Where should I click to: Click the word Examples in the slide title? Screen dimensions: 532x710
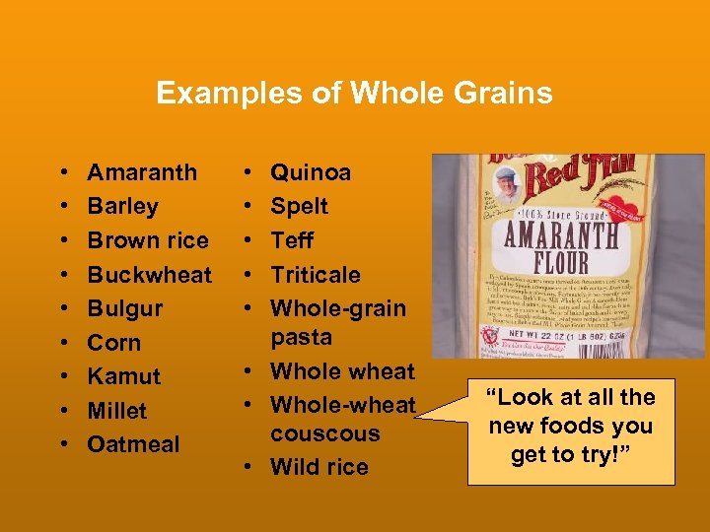[210, 94]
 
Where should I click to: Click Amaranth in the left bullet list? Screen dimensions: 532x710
[142, 172]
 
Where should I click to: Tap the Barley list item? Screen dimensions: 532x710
[122, 206]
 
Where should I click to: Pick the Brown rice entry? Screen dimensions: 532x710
[148, 240]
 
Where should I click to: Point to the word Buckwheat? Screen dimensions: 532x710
[149, 275]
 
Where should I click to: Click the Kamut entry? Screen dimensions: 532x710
[123, 376]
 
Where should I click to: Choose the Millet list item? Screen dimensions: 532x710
[116, 411]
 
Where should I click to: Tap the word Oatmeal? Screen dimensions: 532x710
[133, 444]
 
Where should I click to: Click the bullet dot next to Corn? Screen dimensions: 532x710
[63, 343]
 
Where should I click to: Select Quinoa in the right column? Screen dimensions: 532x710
[311, 172]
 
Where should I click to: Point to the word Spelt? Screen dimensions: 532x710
[299, 206]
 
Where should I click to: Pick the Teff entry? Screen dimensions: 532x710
[292, 240]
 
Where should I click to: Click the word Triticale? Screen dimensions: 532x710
[316, 275]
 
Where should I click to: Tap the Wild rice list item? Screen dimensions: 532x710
[319, 467]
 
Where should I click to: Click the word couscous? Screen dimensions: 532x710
[324, 433]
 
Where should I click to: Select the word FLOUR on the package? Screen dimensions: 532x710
[561, 263]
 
